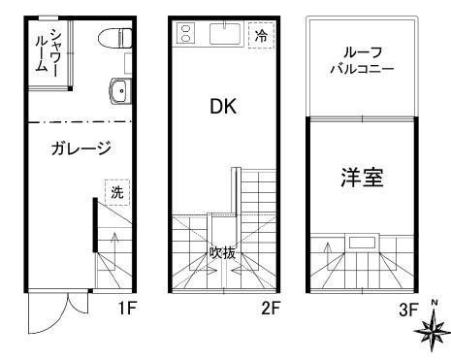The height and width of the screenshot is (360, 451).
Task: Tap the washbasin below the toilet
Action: coord(118,91)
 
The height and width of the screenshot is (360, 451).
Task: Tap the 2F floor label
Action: coord(272,310)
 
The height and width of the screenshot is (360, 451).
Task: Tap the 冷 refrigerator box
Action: coord(261,36)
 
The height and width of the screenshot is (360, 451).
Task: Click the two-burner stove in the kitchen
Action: coord(186,35)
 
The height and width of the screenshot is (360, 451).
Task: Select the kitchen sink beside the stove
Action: coord(221,35)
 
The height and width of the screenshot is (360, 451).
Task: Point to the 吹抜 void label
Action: coord(221,252)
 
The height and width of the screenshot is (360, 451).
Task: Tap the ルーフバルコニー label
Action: coord(360,62)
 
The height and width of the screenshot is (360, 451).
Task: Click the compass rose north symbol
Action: coord(430,331)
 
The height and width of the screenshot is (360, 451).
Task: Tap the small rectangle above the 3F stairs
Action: coord(364,242)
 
